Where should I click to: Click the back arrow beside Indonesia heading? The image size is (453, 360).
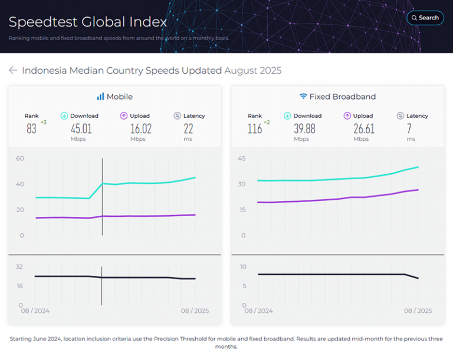(x=13, y=71)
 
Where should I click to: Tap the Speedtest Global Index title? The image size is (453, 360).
(x=87, y=22)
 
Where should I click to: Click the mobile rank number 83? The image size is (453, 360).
(x=31, y=128)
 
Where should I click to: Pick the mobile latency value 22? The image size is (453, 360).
(x=188, y=128)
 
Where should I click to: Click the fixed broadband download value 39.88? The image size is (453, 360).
(x=304, y=128)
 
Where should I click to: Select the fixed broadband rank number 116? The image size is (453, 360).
(x=254, y=128)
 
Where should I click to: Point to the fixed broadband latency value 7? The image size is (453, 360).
(x=411, y=128)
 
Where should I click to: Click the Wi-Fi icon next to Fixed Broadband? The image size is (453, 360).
(x=303, y=97)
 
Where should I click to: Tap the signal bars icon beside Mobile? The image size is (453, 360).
(x=100, y=97)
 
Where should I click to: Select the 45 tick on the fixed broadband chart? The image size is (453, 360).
(x=242, y=158)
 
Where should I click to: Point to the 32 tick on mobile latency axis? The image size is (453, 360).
(x=19, y=267)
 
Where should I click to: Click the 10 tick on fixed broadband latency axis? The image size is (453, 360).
(x=242, y=267)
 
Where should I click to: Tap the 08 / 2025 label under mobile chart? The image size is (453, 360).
(x=195, y=311)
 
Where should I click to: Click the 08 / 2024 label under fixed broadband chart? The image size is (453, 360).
(x=258, y=311)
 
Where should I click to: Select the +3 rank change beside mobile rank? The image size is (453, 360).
(x=43, y=123)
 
